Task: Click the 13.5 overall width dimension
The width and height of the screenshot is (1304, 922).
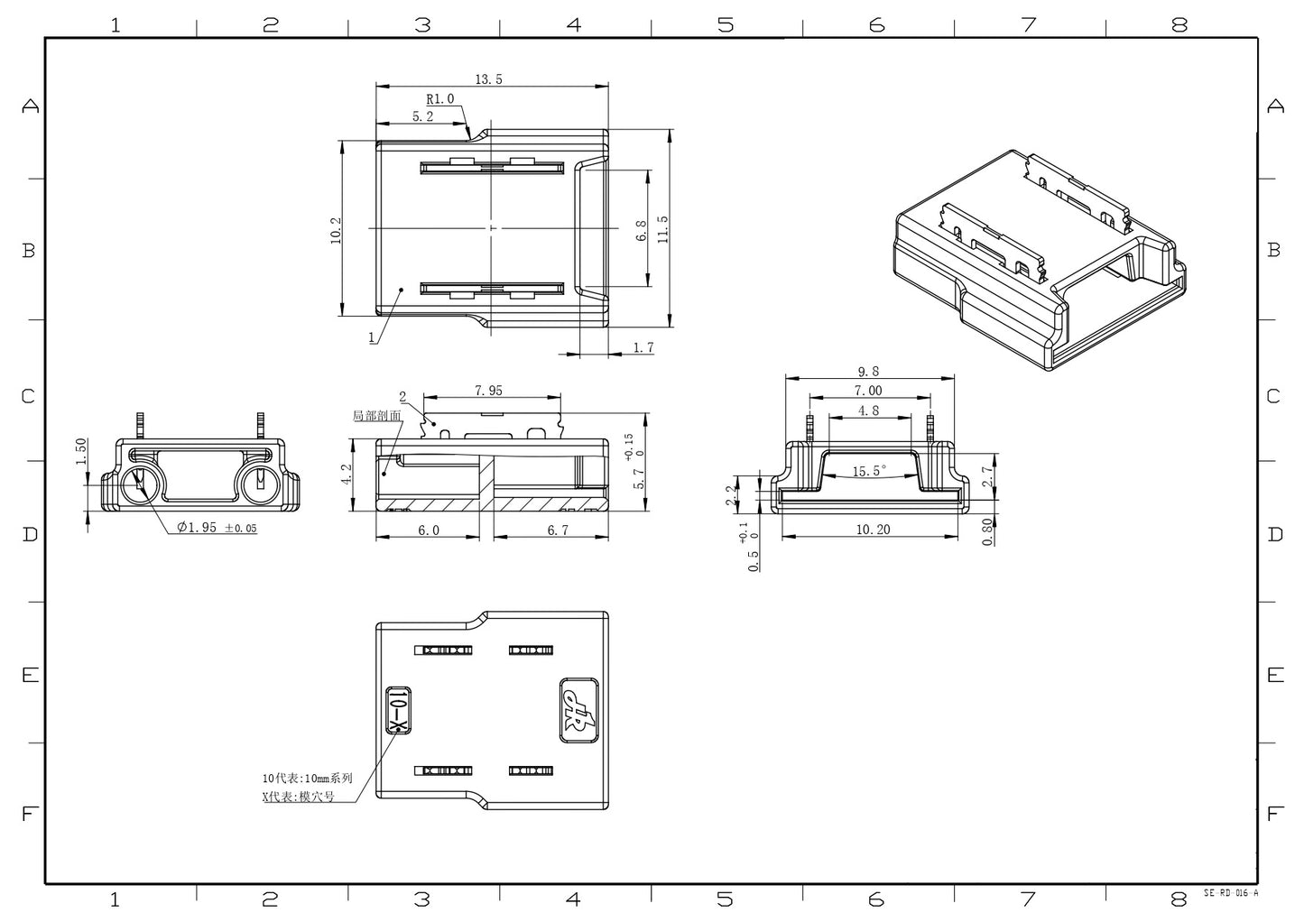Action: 487,79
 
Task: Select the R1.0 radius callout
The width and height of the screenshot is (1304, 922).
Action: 440,99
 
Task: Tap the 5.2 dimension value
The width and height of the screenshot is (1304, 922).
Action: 422,116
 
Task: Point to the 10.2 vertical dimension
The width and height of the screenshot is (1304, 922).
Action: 336,230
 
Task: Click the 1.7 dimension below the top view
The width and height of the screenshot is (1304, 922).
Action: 643,347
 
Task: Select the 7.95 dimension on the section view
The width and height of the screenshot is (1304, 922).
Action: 488,391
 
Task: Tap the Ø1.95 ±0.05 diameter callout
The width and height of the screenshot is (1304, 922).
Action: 217,528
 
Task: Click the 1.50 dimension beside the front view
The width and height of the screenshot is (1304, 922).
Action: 80,451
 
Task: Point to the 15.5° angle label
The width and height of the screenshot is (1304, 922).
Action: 869,471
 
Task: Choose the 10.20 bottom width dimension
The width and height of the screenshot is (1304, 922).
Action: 872,530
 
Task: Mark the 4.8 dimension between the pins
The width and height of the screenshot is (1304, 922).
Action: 868,410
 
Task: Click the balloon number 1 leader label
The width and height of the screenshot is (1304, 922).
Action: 371,337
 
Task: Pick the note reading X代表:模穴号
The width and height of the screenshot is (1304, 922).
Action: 298,797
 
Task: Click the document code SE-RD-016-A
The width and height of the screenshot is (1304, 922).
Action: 1230,893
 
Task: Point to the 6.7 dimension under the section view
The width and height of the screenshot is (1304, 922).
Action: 558,530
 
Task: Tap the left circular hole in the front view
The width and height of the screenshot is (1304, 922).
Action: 140,484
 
